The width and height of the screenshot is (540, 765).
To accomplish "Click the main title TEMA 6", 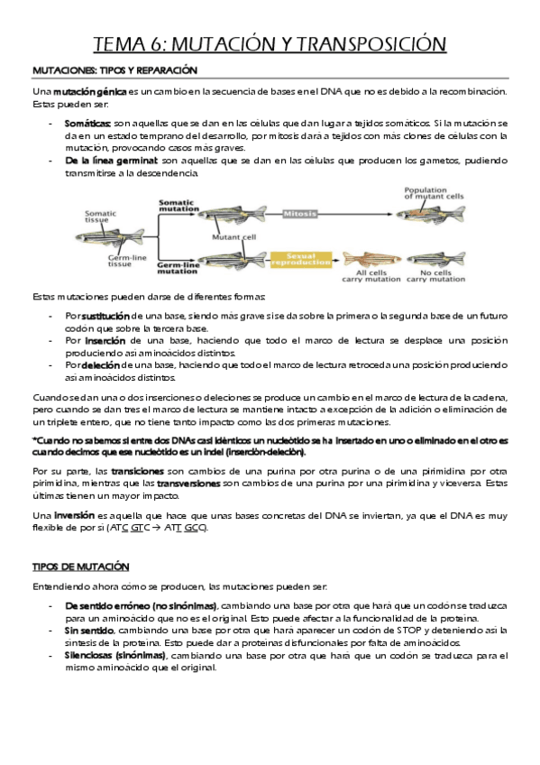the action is click(x=270, y=44).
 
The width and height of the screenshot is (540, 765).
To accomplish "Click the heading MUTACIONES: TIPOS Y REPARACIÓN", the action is click(x=115, y=70).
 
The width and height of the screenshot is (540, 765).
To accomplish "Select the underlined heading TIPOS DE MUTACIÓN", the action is click(x=81, y=567).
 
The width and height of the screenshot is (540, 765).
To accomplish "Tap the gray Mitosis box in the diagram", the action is click(x=299, y=214).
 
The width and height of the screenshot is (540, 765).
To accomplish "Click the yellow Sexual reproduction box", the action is click(x=301, y=259).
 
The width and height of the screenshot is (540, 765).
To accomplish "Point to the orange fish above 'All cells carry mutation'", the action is click(x=371, y=259).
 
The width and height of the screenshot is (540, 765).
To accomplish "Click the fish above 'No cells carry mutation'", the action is click(x=435, y=259).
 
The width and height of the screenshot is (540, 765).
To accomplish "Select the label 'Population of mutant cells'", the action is click(x=434, y=193).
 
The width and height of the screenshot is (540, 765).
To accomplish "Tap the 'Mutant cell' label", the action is click(x=233, y=237).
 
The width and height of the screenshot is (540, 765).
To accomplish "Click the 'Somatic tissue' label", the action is click(x=100, y=217).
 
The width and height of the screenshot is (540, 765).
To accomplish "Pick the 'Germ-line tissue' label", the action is click(x=127, y=261).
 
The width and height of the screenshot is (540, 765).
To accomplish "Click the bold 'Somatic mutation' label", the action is click(x=178, y=206).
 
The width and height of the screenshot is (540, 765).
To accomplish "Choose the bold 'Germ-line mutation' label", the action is click(x=178, y=268).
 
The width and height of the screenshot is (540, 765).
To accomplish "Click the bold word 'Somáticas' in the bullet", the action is click(x=87, y=124).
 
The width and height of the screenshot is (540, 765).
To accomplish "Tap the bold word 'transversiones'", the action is click(x=188, y=484).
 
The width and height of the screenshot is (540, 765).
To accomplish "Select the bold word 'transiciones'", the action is click(x=137, y=471).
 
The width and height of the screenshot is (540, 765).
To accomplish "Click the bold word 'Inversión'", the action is click(x=74, y=516).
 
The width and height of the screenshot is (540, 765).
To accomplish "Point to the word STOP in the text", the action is click(x=408, y=631).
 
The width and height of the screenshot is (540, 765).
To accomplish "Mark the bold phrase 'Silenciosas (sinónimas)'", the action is click(x=115, y=656).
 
